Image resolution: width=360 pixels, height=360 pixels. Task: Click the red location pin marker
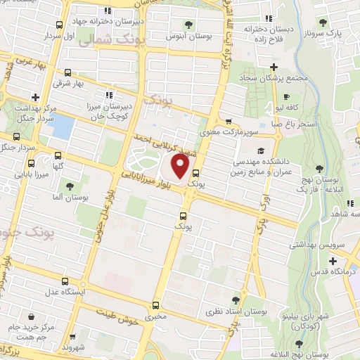(x=181, y=167)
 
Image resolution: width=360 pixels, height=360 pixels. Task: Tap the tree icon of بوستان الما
(x=70, y=186)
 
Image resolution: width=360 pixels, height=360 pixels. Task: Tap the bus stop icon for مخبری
(x=155, y=304)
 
